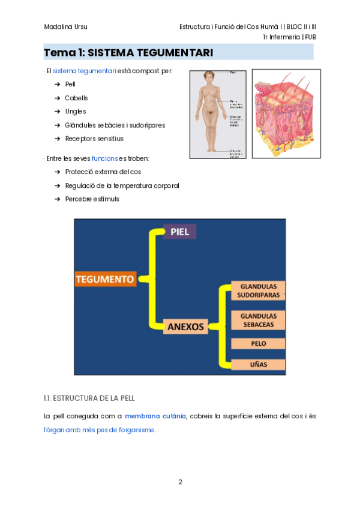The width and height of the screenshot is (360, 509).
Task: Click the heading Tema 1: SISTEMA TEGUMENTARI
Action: (x=128, y=53)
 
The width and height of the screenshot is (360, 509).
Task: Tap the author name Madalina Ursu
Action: (x=65, y=27)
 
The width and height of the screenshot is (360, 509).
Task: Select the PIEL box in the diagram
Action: (x=179, y=232)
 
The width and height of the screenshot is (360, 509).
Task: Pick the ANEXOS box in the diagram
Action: (x=185, y=327)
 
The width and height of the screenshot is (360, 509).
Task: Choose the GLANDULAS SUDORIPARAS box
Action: (x=258, y=291)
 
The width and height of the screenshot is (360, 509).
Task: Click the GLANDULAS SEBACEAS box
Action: (x=258, y=320)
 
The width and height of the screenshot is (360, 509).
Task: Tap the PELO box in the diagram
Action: (x=258, y=344)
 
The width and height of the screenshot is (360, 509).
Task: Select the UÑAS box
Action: (x=258, y=364)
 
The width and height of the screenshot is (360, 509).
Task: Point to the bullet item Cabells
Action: (x=76, y=98)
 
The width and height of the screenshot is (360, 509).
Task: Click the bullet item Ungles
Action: (x=76, y=112)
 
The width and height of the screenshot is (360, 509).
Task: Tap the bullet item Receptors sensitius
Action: (x=94, y=139)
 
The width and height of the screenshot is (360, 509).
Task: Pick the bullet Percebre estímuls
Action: (x=92, y=199)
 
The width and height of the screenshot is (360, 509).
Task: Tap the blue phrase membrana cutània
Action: (x=155, y=415)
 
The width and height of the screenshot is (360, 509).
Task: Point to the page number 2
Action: (x=180, y=481)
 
